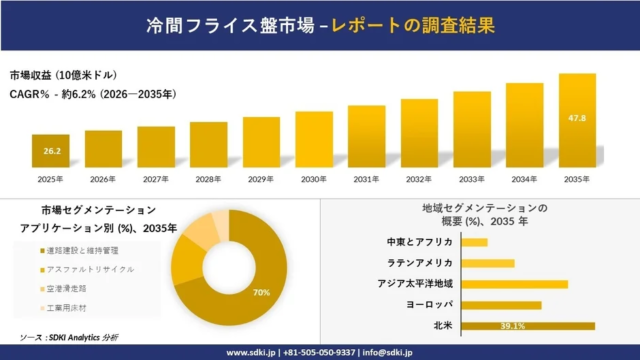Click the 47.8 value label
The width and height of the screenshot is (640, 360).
(x=577, y=119)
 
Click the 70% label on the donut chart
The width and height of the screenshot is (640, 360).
(x=261, y=292)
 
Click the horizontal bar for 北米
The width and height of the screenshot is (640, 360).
(x=529, y=326)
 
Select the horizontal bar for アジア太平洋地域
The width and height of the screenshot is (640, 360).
(x=515, y=284)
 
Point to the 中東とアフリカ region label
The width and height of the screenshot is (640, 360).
(x=420, y=242)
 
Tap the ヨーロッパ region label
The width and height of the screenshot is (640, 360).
(x=429, y=305)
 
